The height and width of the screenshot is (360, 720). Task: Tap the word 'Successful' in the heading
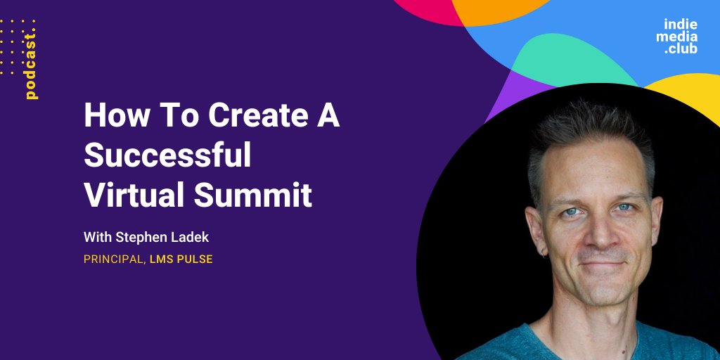tap(167, 155)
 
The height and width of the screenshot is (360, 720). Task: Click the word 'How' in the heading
tap(111, 115)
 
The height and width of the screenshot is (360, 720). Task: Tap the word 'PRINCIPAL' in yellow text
tap(113, 259)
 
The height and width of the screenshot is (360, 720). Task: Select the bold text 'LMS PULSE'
tap(181, 259)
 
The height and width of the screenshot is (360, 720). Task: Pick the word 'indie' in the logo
tap(681, 23)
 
